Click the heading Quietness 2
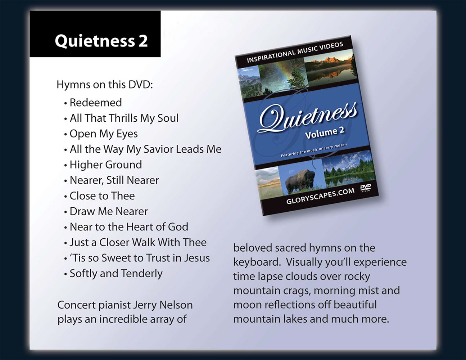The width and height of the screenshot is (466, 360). point(101,41)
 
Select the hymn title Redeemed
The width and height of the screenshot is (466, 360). point(96,103)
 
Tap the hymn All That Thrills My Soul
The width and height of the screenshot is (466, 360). point(124,118)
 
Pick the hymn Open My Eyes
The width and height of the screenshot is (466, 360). point(104,134)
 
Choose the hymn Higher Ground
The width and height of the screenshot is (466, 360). point(106,165)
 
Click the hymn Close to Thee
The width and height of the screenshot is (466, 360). point(102,196)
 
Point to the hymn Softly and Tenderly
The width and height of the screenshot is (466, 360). point(116,274)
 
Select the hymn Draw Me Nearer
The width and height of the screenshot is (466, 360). point(109,211)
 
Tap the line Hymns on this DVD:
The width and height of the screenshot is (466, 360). point(105,85)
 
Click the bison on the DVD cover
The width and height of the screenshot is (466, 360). point(300,181)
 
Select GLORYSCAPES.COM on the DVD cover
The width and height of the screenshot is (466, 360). point(320,196)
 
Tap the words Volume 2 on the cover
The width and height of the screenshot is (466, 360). point(325,133)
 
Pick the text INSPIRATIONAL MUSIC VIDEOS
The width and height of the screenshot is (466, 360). point(295,52)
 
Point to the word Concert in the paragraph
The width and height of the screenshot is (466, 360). point(76,305)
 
